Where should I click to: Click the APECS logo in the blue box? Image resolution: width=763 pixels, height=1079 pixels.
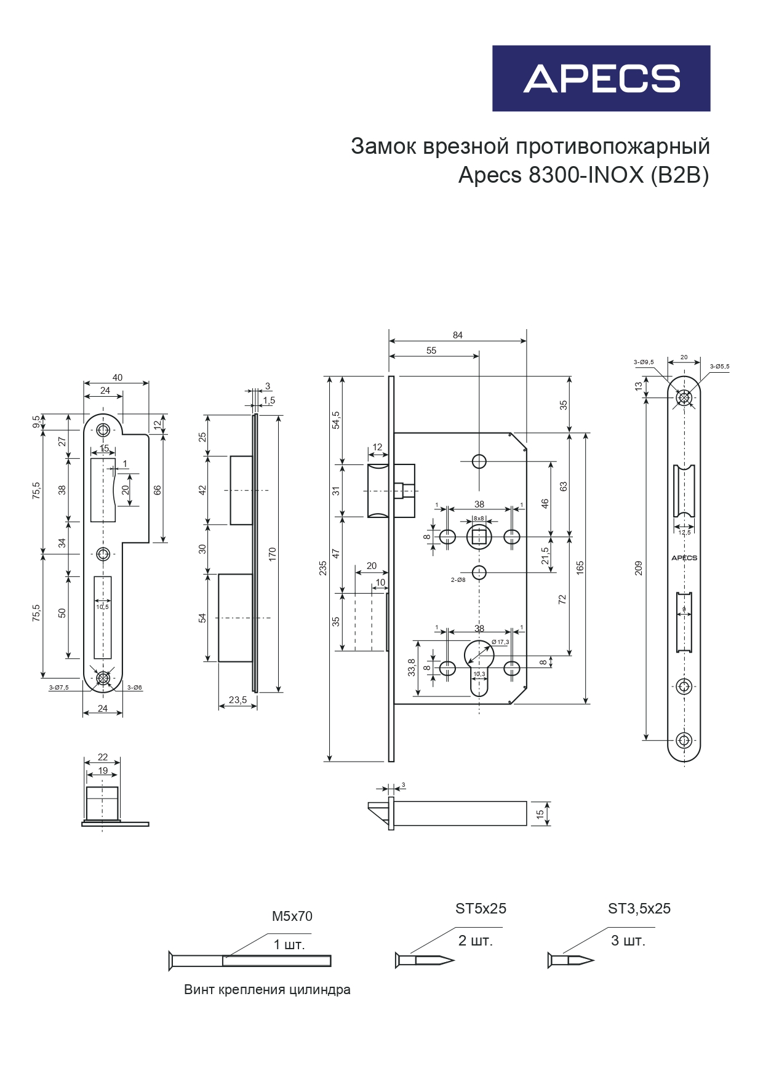click(x=601, y=79)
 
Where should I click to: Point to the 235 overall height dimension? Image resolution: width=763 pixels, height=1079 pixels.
click(x=323, y=568)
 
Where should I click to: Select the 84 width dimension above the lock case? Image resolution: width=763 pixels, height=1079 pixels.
click(x=457, y=335)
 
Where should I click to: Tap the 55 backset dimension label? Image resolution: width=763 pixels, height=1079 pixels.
click(x=431, y=351)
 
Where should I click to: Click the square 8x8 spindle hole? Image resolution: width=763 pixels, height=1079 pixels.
click(x=479, y=537)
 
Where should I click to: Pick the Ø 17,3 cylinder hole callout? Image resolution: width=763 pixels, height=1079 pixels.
click(x=500, y=642)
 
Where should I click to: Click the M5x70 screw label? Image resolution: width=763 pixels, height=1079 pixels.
click(x=292, y=916)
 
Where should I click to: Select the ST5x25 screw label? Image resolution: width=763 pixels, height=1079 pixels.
click(x=481, y=909)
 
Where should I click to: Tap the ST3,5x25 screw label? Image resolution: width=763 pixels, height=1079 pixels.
click(x=639, y=909)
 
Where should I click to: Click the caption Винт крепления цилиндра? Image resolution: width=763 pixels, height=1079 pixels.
click(x=267, y=990)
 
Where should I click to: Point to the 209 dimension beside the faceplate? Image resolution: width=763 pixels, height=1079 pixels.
click(x=639, y=568)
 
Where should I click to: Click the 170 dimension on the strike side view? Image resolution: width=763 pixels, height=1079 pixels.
click(x=273, y=554)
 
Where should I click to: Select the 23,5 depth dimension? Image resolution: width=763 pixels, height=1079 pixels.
click(x=238, y=700)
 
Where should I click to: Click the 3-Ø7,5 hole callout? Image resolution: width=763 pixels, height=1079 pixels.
click(x=59, y=687)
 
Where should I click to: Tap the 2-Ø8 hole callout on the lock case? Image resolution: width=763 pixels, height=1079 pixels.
click(x=458, y=579)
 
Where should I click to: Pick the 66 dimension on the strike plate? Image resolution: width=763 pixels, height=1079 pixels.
click(x=158, y=490)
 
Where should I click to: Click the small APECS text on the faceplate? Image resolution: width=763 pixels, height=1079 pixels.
click(x=684, y=558)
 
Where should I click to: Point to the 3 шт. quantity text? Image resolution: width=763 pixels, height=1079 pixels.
click(x=628, y=941)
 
